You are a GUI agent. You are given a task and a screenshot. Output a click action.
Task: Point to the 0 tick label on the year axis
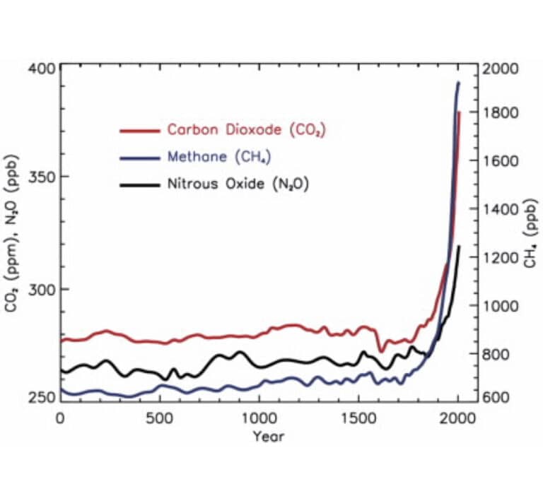61,417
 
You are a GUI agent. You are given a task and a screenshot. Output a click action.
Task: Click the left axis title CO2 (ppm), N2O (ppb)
16,233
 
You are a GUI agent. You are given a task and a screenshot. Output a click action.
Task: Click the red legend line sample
140,130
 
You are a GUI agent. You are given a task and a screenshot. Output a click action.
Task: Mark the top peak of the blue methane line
458,83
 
